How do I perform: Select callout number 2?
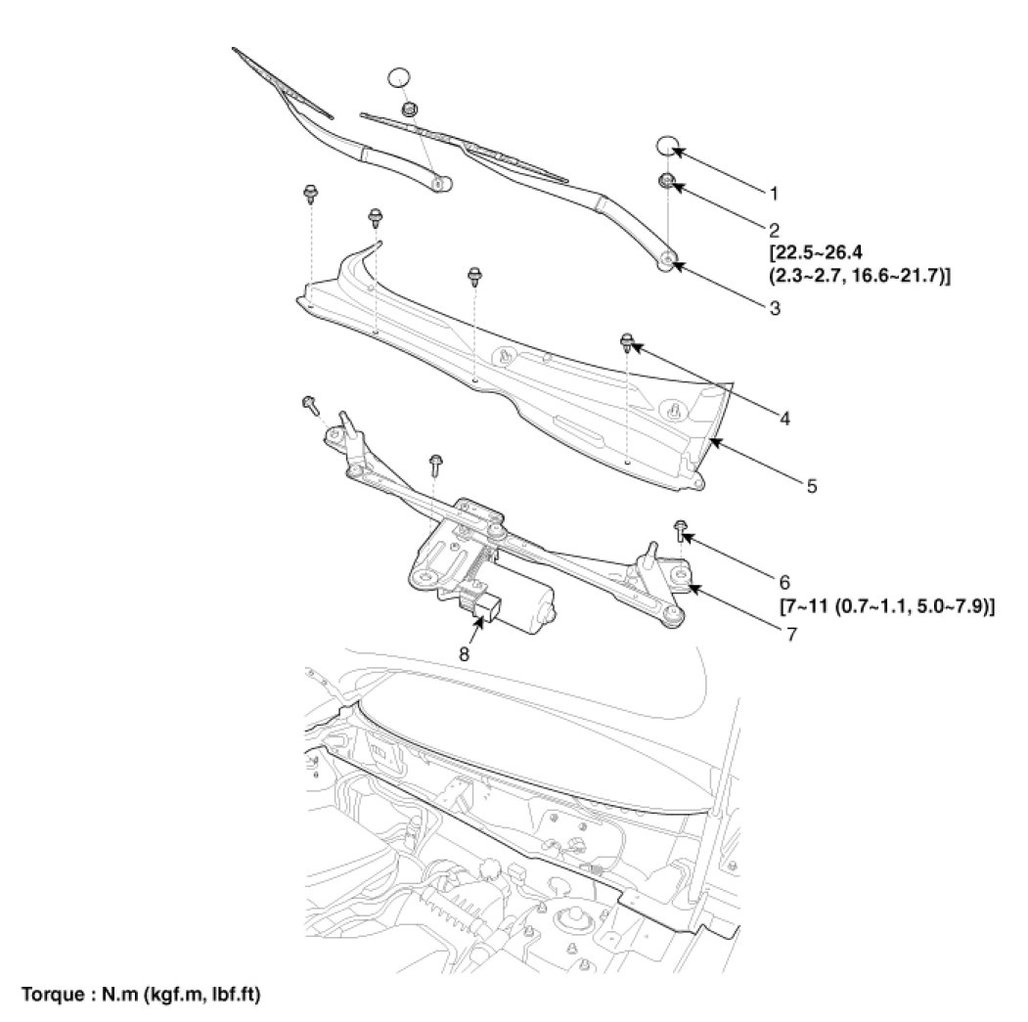[773, 231]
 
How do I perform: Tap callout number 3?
[773, 307]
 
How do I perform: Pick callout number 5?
[812, 483]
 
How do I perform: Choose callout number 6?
[784, 581]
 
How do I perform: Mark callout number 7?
[789, 633]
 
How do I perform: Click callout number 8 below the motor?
[465, 652]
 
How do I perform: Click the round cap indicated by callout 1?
[667, 147]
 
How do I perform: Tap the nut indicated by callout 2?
[666, 181]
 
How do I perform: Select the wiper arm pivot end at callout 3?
[666, 259]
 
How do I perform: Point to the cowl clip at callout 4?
[627, 341]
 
